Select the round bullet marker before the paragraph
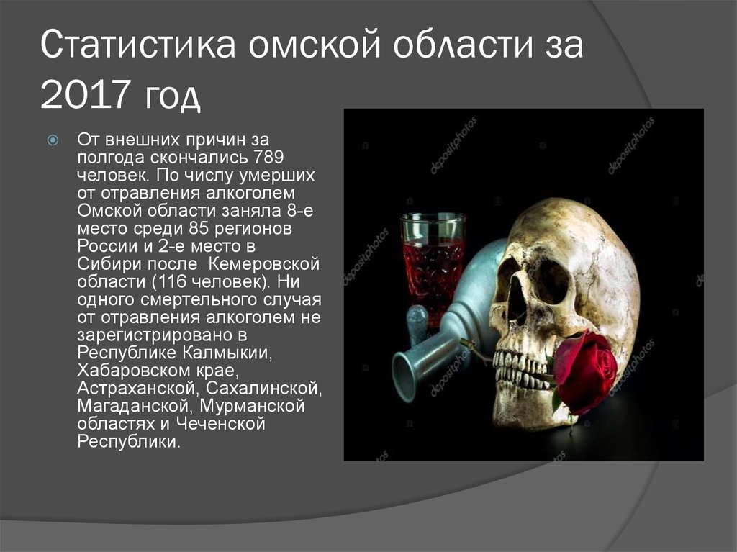point(52,139)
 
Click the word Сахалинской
point(264,389)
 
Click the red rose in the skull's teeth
point(584,371)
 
